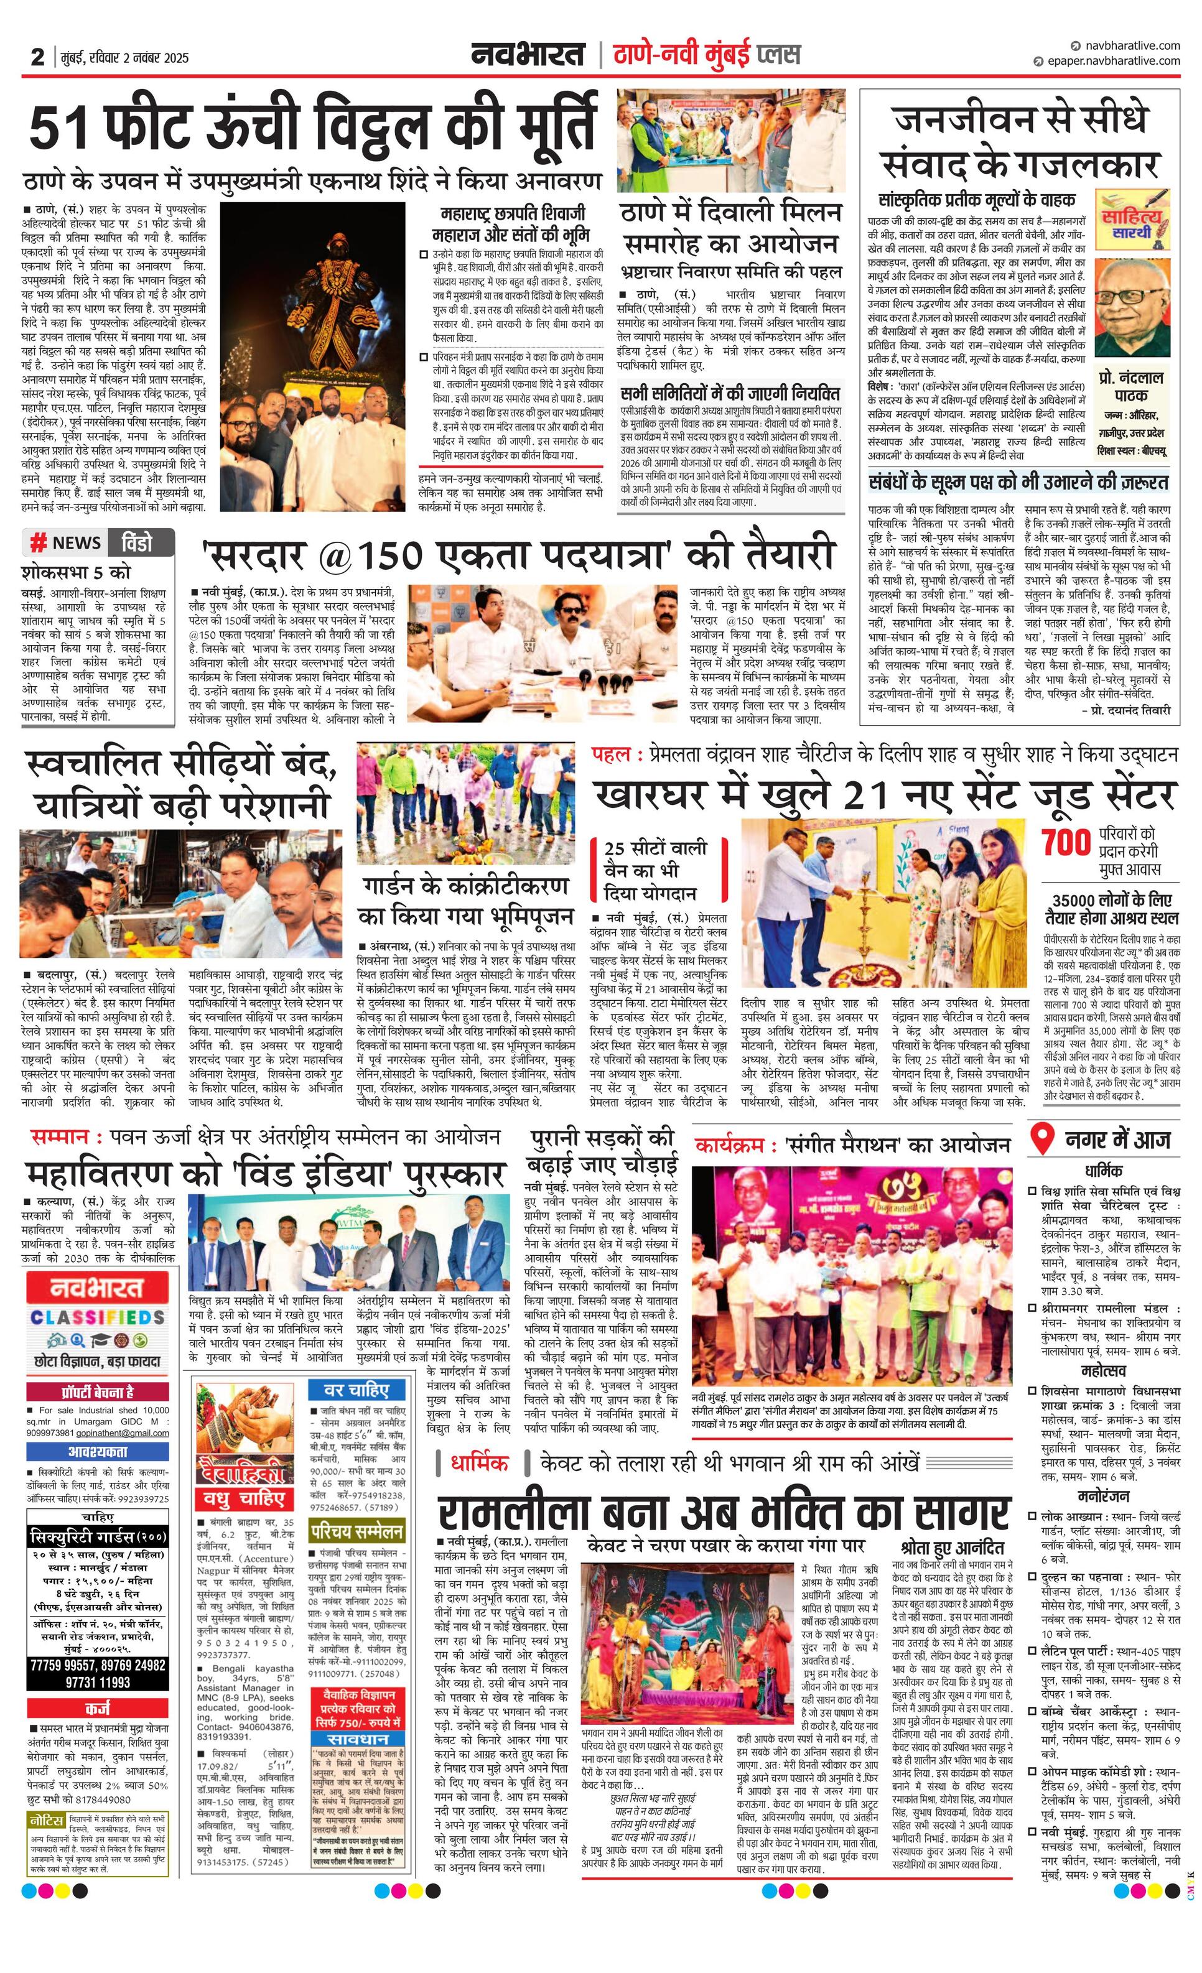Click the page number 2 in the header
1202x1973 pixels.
tap(37, 57)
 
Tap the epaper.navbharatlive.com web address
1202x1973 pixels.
tap(1110, 61)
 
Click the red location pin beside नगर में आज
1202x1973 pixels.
tap(1041, 1140)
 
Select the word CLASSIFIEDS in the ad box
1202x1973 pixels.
tap(98, 1317)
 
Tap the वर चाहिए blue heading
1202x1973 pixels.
tap(355, 1390)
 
